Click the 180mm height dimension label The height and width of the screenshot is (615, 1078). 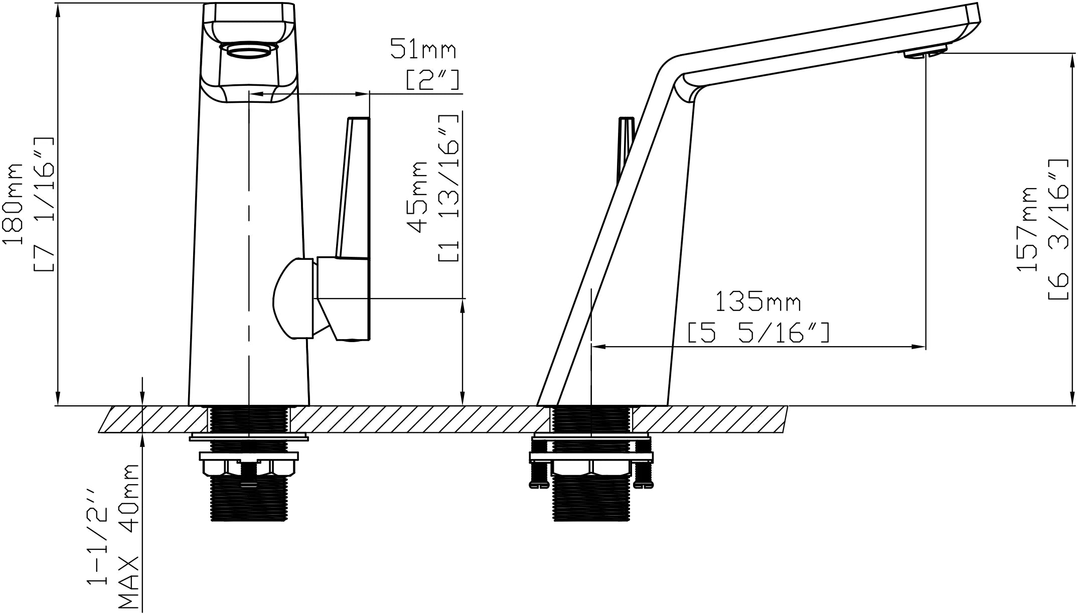point(13,204)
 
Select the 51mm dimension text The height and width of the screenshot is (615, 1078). point(423,50)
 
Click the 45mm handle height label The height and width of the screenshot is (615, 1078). point(417,197)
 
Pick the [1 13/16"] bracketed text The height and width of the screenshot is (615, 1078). point(448,188)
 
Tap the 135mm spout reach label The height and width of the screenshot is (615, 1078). point(757,302)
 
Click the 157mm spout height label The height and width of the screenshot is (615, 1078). point(1026,229)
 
